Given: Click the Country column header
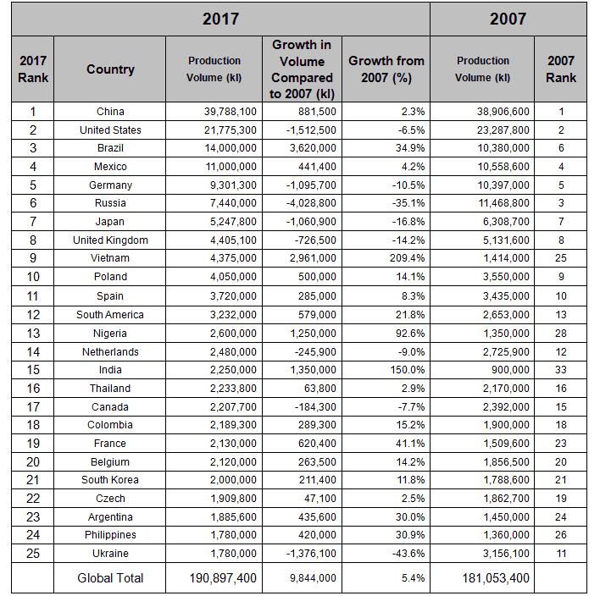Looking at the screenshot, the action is tap(110, 69).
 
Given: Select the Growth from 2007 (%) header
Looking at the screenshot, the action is tap(386, 69).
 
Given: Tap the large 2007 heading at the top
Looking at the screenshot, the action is tap(508, 19).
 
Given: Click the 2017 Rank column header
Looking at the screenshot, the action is tap(33, 69).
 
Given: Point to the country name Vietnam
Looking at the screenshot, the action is tap(110, 258).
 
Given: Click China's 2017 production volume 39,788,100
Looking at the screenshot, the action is tap(230, 112).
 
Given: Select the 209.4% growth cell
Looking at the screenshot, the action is tap(407, 258).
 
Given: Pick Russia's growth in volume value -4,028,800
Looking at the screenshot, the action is tap(311, 203).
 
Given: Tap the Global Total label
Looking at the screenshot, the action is tap(110, 578).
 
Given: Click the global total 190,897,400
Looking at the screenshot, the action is tap(223, 578).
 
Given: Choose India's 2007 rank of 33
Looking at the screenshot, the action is tap(560, 370).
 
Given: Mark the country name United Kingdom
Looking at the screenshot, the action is tap(110, 240).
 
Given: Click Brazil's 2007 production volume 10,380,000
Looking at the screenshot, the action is tap(503, 148).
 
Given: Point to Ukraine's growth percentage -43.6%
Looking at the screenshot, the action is tap(408, 554).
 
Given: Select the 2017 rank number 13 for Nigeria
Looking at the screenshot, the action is tap(33, 334).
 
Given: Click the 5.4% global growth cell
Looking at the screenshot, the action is tap(413, 578).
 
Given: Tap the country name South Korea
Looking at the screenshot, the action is tap(110, 480).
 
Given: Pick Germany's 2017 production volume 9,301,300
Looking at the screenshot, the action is tap(233, 185).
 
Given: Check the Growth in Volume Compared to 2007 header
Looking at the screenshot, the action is tap(302, 69).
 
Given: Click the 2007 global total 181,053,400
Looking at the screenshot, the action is tap(496, 578).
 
